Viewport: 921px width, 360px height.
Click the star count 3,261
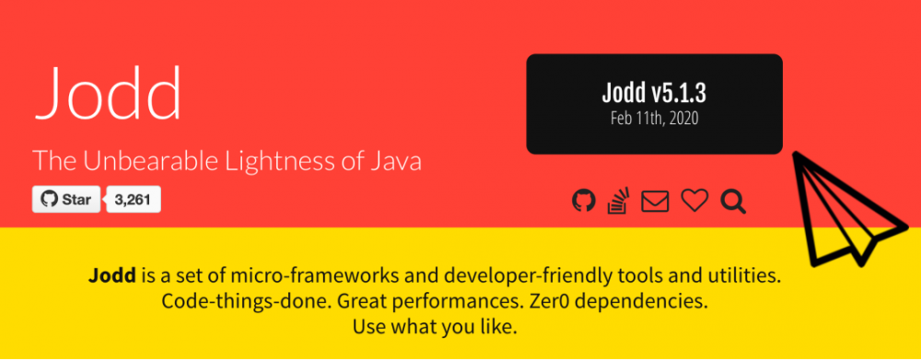133,200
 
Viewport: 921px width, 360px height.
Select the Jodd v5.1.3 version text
654,93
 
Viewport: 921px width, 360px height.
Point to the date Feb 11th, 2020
654,119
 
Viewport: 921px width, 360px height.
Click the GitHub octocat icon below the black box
584,201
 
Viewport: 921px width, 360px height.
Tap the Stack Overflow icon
619,201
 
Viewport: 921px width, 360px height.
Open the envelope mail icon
655,202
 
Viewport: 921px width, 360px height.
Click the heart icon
694,201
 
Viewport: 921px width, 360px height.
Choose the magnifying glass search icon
733,202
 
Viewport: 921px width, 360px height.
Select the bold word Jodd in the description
112,275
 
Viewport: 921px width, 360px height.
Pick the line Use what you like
435,327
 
